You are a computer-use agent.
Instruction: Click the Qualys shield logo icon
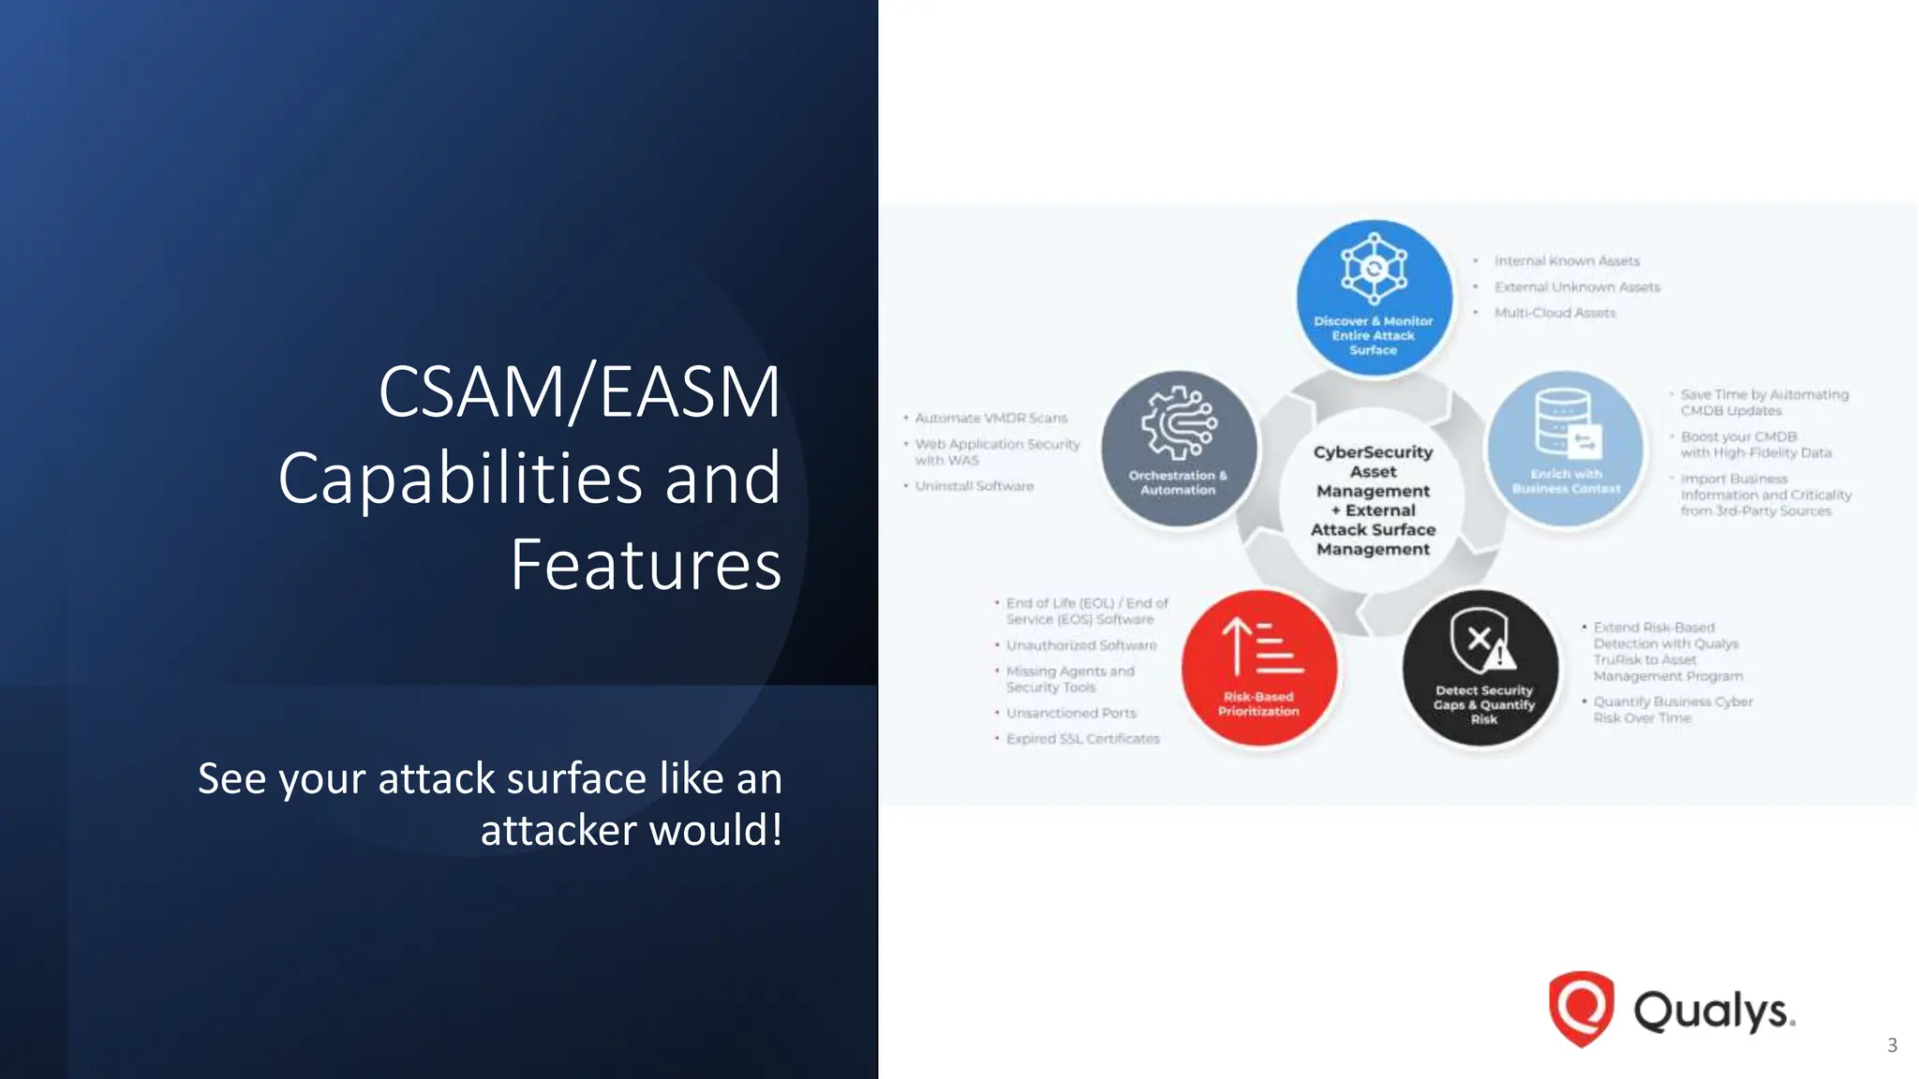1581,1009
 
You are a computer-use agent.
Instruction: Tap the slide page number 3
1892,1045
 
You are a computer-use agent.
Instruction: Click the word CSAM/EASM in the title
579,392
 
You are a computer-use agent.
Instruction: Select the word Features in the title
646,565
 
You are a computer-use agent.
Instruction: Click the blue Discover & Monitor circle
1374,298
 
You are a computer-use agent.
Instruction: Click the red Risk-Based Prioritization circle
1258,668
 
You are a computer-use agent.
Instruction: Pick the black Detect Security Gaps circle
1482,668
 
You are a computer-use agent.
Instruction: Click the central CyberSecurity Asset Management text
1373,500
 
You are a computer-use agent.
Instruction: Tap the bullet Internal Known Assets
1567,261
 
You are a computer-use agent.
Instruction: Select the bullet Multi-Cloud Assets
1555,313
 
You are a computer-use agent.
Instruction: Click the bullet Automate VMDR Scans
990,419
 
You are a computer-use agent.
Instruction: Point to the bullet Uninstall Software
974,486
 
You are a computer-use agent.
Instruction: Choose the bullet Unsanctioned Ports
1071,714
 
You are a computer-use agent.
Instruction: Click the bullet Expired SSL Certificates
1082,739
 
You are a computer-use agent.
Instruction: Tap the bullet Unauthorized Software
1080,645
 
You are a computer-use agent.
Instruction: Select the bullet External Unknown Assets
1576,288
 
